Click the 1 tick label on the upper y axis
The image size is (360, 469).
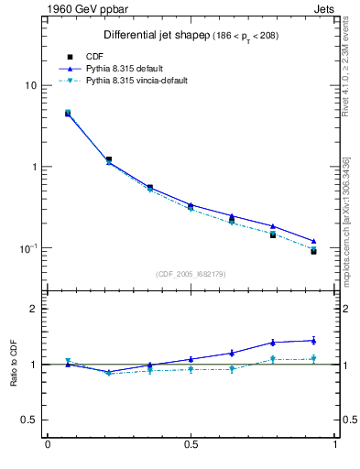(x=32, y=167)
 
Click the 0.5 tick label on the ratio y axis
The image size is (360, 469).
(x=28, y=420)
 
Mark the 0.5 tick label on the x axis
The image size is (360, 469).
(x=191, y=445)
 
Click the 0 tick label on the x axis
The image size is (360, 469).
(x=48, y=445)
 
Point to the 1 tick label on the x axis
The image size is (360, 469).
(x=335, y=445)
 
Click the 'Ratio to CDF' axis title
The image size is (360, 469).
(x=13, y=364)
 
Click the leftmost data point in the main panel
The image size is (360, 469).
(x=68, y=114)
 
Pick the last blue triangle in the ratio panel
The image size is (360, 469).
(x=313, y=341)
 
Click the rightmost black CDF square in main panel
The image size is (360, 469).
(x=313, y=250)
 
